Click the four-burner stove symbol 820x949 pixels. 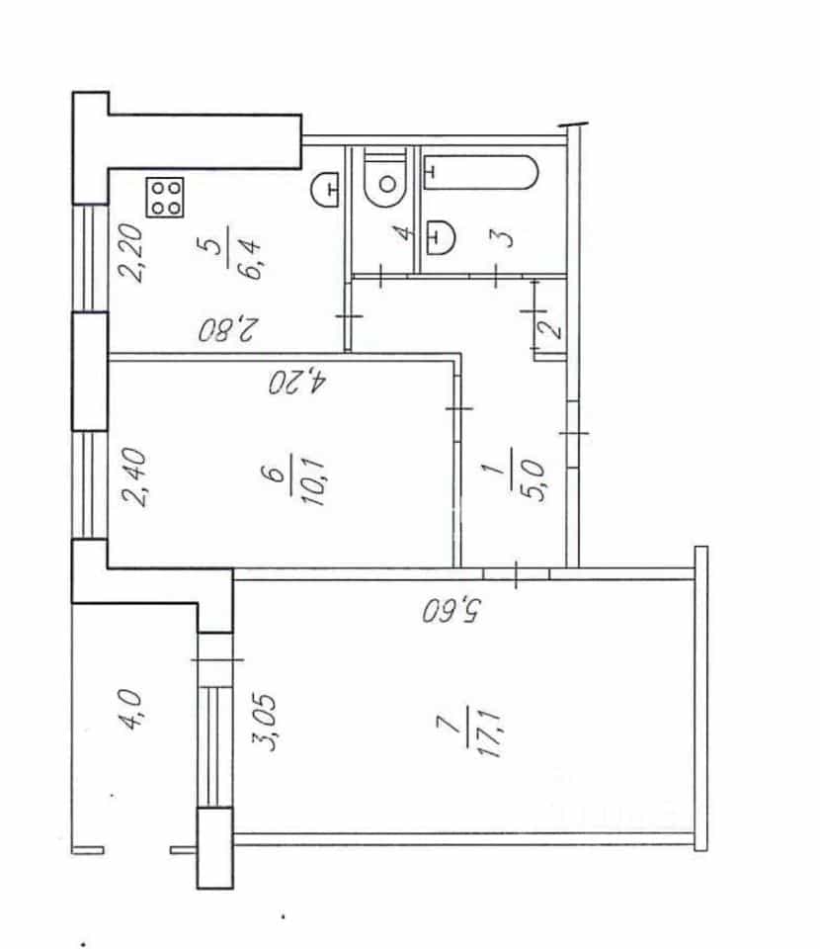pos(164,198)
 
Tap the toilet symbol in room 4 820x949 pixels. pos(385,176)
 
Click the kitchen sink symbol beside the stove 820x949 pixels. pos(325,190)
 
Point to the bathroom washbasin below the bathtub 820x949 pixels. pos(441,236)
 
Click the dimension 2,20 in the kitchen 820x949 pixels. pos(131,253)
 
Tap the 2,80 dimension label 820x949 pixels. pos(228,330)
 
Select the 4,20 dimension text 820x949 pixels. pos(297,382)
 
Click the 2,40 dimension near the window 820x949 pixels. pos(133,476)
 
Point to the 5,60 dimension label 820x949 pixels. pos(451,610)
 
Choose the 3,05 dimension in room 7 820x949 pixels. pos(264,722)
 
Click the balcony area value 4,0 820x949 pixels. pos(130,709)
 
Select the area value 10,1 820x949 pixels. pos(314,481)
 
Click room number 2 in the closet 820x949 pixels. pos(550,329)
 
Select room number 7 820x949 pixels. pos(447,724)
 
